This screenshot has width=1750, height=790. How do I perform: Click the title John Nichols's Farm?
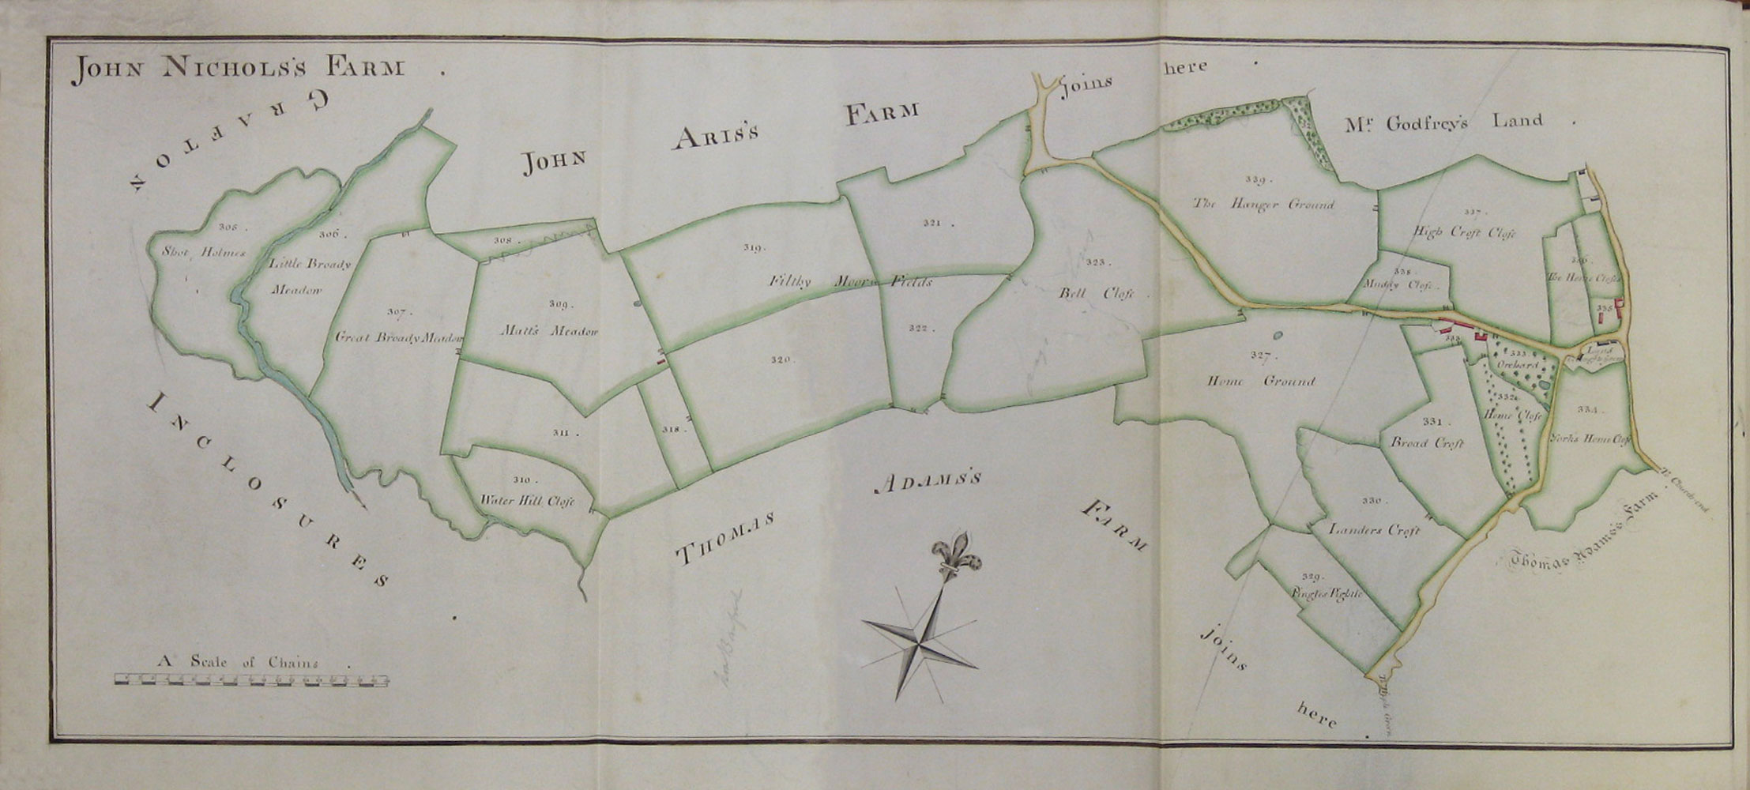pyautogui.click(x=237, y=70)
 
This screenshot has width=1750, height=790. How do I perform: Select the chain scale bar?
pyautogui.click(x=252, y=678)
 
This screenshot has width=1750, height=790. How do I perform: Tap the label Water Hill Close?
pyautogui.click(x=526, y=501)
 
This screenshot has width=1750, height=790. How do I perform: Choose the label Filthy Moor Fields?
pyautogui.click(x=852, y=282)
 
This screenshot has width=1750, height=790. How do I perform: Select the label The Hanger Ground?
pyautogui.click(x=1263, y=205)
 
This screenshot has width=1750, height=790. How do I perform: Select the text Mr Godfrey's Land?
pyautogui.click(x=1442, y=121)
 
